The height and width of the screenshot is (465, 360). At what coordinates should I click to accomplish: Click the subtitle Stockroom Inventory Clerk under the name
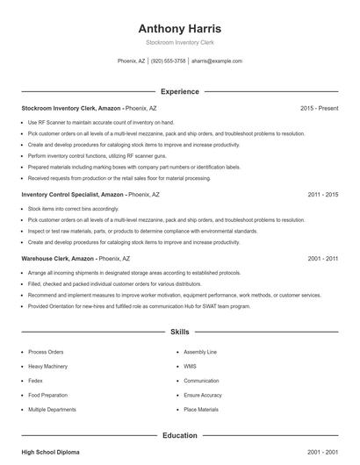tap(179, 42)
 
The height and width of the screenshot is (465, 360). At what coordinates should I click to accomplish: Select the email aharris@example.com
tap(216, 61)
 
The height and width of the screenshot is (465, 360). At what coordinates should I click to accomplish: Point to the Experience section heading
tap(179, 91)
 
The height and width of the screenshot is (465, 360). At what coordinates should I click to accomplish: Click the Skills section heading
tap(179, 333)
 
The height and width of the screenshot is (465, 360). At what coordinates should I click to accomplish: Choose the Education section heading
tap(179, 435)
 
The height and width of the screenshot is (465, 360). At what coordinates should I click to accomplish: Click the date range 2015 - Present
tap(319, 108)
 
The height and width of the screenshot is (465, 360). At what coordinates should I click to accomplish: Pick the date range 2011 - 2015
tap(322, 194)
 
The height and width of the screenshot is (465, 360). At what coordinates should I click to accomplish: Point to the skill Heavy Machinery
tap(47, 365)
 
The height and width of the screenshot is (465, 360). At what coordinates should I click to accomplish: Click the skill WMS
tap(190, 365)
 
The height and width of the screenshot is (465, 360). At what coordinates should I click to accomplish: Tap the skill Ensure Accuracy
tap(202, 395)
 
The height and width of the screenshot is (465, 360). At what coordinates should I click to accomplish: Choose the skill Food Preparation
tap(48, 395)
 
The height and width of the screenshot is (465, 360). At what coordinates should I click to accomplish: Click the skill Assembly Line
tap(200, 351)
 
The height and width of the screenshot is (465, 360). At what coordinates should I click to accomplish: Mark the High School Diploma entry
tap(50, 452)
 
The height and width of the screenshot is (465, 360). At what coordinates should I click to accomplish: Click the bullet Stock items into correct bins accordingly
tap(74, 209)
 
